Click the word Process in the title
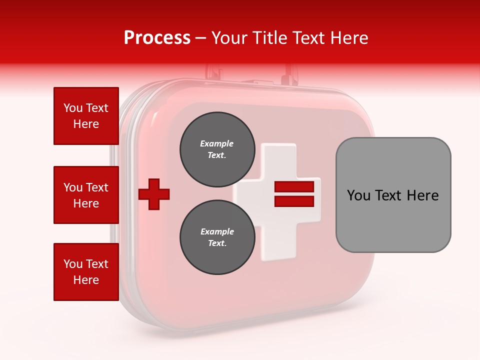click(x=157, y=38)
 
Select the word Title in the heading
click(x=270, y=38)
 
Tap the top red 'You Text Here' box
click(x=86, y=116)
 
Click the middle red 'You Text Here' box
click(x=86, y=195)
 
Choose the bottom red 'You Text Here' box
click(x=86, y=272)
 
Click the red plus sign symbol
click(x=154, y=193)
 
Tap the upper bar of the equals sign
click(x=294, y=187)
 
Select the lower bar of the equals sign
click(x=294, y=201)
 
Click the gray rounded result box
click(x=393, y=220)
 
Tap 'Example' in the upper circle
click(x=216, y=143)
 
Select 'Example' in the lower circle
click(x=217, y=231)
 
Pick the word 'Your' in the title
click(x=230, y=38)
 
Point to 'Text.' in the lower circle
click(x=217, y=243)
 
